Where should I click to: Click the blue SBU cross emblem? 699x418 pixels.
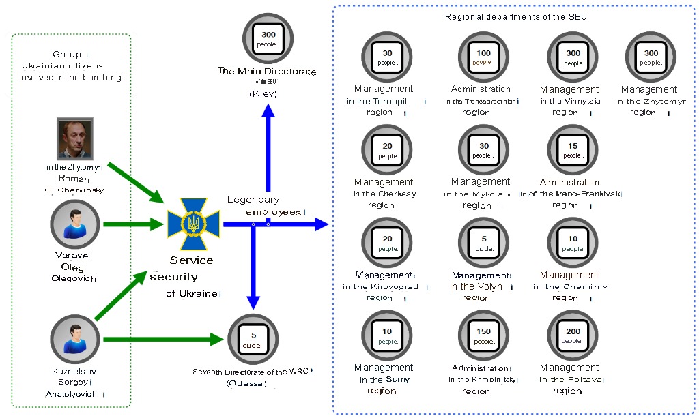tap(195, 224)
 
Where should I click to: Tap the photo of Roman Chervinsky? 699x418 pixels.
tap(75, 138)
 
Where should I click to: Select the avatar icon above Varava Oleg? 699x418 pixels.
tap(75, 224)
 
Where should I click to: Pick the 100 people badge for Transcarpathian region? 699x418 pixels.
tap(483, 57)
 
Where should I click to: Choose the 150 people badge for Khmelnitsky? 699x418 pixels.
tap(483, 336)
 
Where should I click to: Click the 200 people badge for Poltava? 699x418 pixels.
tap(573, 336)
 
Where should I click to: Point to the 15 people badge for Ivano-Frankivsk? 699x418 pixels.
tap(573, 151)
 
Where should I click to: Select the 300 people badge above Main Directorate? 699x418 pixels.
tap(268, 39)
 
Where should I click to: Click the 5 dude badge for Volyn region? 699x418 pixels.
tap(483, 243)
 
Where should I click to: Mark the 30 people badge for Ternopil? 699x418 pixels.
tap(387, 57)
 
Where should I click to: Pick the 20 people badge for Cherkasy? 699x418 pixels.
tap(387, 151)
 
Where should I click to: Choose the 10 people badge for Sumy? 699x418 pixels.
tap(387, 336)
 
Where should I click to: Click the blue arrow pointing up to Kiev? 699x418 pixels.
tap(268, 150)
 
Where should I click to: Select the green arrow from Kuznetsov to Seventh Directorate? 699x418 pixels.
tap(164, 339)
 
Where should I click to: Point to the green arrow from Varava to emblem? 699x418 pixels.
tap(133, 224)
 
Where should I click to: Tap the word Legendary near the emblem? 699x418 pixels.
tap(253, 200)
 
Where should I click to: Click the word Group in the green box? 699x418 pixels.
tap(66, 55)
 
